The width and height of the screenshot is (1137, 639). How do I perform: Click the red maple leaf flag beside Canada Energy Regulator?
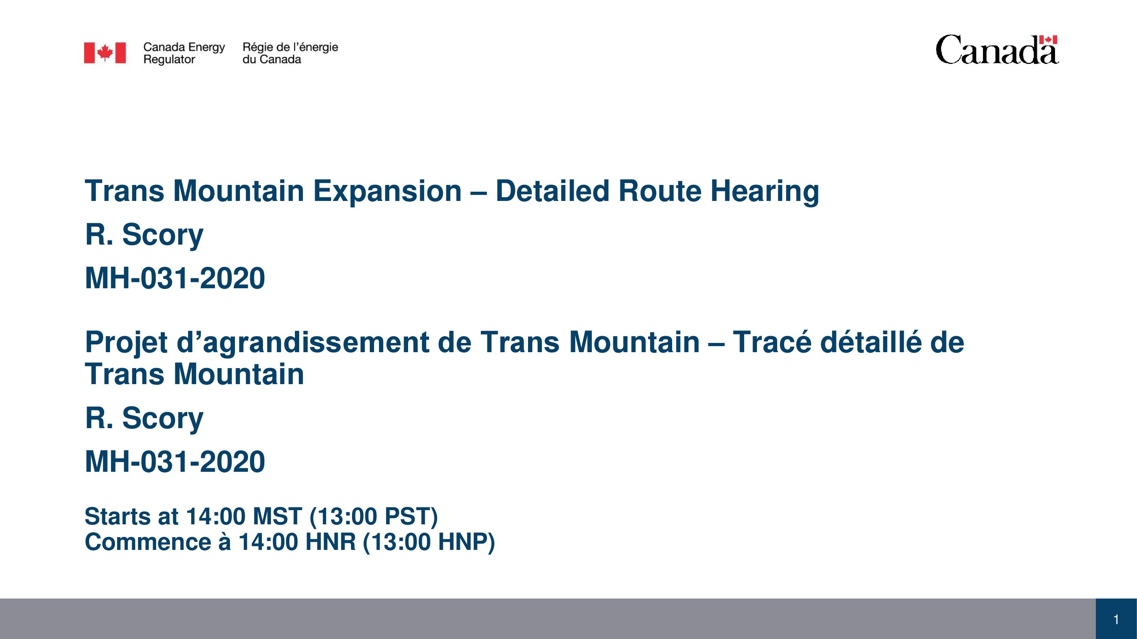[x=105, y=53]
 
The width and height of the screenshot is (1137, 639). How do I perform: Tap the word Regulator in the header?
[x=169, y=60]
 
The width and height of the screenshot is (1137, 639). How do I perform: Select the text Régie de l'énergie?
[x=290, y=47]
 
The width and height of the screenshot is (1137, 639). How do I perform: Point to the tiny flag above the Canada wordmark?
[x=1048, y=40]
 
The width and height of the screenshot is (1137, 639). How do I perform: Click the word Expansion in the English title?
[x=388, y=192]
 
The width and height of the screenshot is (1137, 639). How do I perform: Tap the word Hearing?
[x=764, y=192]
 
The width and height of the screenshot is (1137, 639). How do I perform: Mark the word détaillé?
[x=871, y=342]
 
